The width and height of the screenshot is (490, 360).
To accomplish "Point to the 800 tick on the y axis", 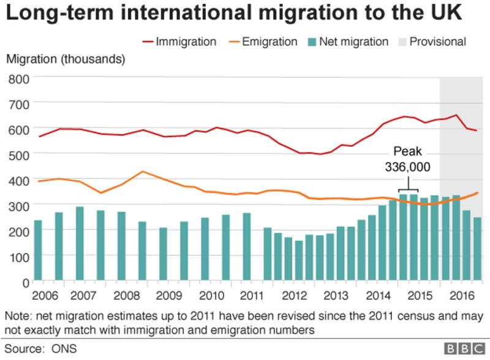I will (x=19, y=80).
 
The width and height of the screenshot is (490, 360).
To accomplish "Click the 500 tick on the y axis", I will (x=19, y=156).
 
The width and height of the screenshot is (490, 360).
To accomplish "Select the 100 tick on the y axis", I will (x=19, y=257).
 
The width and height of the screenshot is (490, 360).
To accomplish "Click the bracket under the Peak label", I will (x=407, y=190).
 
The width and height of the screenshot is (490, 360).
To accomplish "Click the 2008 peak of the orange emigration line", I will (x=142, y=171).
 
